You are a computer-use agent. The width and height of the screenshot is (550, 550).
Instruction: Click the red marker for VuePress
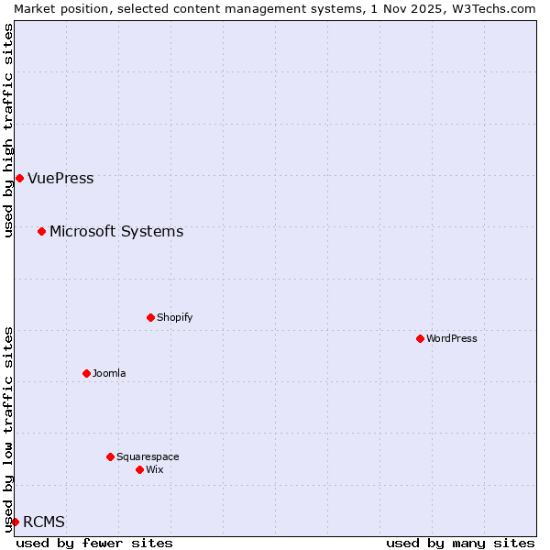click(19, 178)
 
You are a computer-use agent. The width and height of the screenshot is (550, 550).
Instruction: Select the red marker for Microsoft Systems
click(41, 231)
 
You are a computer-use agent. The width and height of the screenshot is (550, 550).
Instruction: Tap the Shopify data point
click(150, 317)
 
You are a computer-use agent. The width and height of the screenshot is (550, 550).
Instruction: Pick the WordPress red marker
click(420, 338)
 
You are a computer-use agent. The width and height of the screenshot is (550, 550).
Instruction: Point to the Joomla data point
click(86, 373)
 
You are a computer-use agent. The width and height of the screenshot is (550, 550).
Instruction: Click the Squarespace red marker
click(110, 456)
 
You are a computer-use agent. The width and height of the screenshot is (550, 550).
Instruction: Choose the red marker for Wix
click(139, 469)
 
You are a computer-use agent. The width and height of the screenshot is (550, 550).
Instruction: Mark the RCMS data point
click(15, 522)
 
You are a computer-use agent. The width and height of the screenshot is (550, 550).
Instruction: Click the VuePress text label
click(60, 178)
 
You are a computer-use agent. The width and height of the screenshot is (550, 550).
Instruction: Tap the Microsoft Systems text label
click(116, 231)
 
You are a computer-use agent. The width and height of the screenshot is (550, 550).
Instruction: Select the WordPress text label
click(452, 338)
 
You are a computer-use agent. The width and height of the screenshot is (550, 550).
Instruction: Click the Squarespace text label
click(148, 456)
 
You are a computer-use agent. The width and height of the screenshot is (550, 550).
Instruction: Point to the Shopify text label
click(174, 317)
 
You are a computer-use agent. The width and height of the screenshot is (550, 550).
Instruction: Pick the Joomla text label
click(109, 373)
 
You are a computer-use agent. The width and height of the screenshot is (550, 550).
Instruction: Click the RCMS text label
click(44, 522)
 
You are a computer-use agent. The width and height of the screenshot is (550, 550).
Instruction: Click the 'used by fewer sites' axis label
click(94, 543)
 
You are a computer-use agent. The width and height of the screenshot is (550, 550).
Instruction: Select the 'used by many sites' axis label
click(460, 543)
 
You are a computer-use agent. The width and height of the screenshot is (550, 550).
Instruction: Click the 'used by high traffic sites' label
click(8, 130)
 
